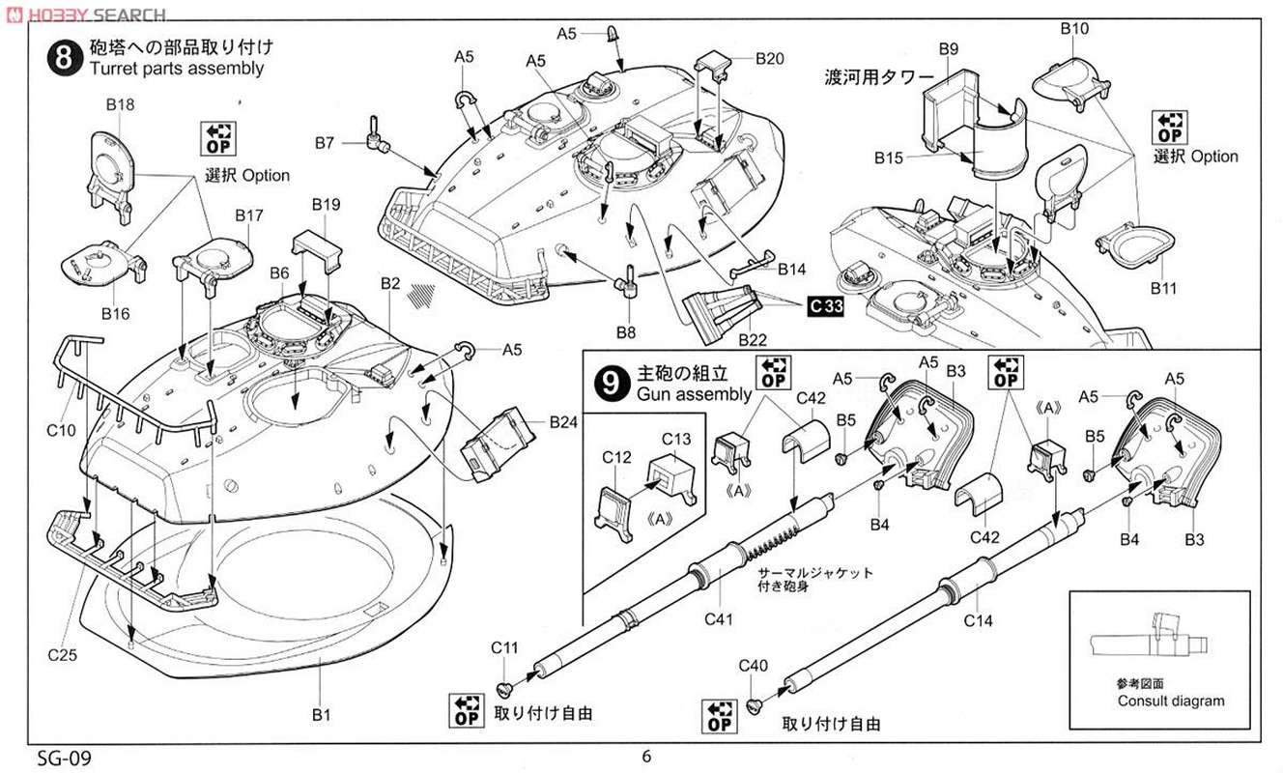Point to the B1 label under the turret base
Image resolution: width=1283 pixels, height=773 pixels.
[x=321, y=715]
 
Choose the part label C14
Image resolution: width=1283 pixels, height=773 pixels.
[x=978, y=621]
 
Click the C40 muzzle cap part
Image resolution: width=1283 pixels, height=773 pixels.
[x=756, y=705]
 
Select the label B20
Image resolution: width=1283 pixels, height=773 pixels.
[x=770, y=58]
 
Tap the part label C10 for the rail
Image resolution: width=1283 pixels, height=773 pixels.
[x=60, y=431]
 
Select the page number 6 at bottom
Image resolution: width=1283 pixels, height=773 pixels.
[x=645, y=757]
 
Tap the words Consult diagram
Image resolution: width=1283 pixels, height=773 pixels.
[x=1170, y=701]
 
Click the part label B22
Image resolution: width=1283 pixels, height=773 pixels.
[x=752, y=341]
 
